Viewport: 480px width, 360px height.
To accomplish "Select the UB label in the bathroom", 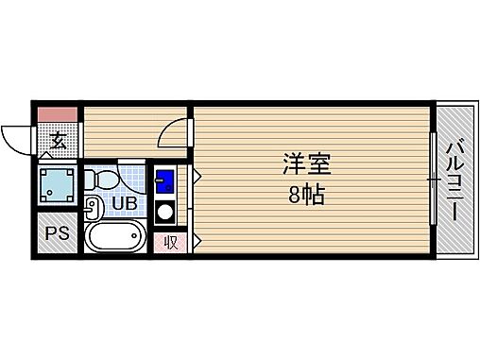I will coord(124,201).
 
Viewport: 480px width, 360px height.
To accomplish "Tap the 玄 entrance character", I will coord(58,142).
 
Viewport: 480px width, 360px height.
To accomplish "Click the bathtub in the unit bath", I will coord(115,238).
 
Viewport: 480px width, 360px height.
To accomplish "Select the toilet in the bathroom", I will coord(104,178).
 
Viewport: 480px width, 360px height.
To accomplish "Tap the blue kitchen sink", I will coord(163,180).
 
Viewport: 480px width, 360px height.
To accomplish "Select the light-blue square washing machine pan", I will coord(58,186).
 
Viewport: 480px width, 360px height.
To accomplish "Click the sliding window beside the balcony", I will coord(433,180).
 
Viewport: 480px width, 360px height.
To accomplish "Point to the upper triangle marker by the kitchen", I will coord(196,176).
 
